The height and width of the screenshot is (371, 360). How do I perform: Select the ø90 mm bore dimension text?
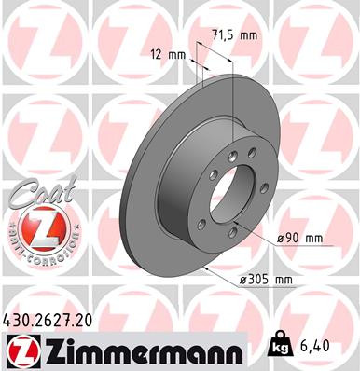(x=300, y=239)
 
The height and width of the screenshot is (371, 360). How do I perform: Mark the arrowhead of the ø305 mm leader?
(x=211, y=270)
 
